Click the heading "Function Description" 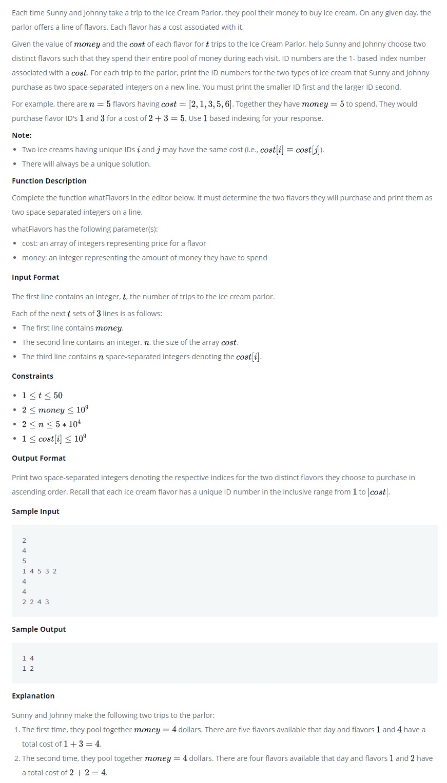click(x=49, y=181)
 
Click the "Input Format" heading click(x=35, y=277)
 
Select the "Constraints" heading click(x=32, y=376)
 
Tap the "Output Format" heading click(x=38, y=458)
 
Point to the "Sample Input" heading click(x=35, y=511)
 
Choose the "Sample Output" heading click(x=38, y=629)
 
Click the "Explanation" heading click(x=33, y=696)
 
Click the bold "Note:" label click(x=22, y=135)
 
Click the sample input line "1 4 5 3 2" click(x=40, y=571)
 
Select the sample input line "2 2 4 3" click(x=36, y=602)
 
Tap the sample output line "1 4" click(x=28, y=658)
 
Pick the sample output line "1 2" click(x=28, y=668)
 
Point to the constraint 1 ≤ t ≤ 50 click(x=42, y=396)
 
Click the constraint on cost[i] click(x=54, y=439)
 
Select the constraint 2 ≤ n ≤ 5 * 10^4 click(x=51, y=424)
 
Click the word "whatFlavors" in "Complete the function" click(x=109, y=198)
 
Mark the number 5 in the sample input click(x=24, y=561)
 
